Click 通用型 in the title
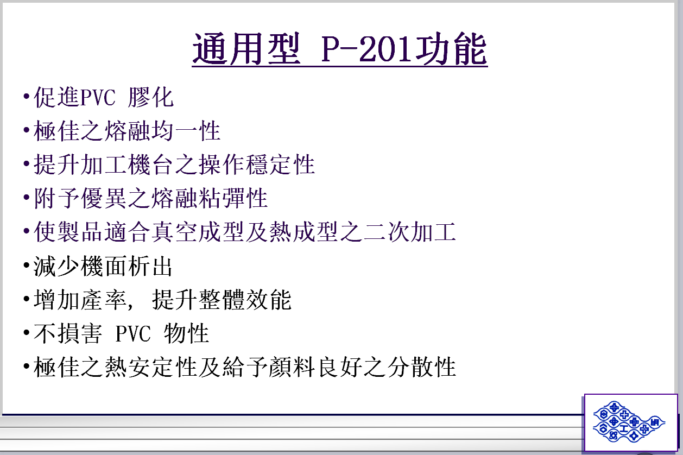[x=246, y=49]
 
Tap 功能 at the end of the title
[x=451, y=49]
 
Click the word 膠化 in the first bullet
[x=151, y=98]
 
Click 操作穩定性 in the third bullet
[x=257, y=165]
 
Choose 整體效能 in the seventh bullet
[x=245, y=300]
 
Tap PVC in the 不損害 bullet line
[x=133, y=333]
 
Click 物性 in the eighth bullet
[x=186, y=333]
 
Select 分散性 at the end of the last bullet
[x=422, y=367]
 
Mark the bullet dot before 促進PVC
[x=27, y=97]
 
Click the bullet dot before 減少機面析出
[x=27, y=265]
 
